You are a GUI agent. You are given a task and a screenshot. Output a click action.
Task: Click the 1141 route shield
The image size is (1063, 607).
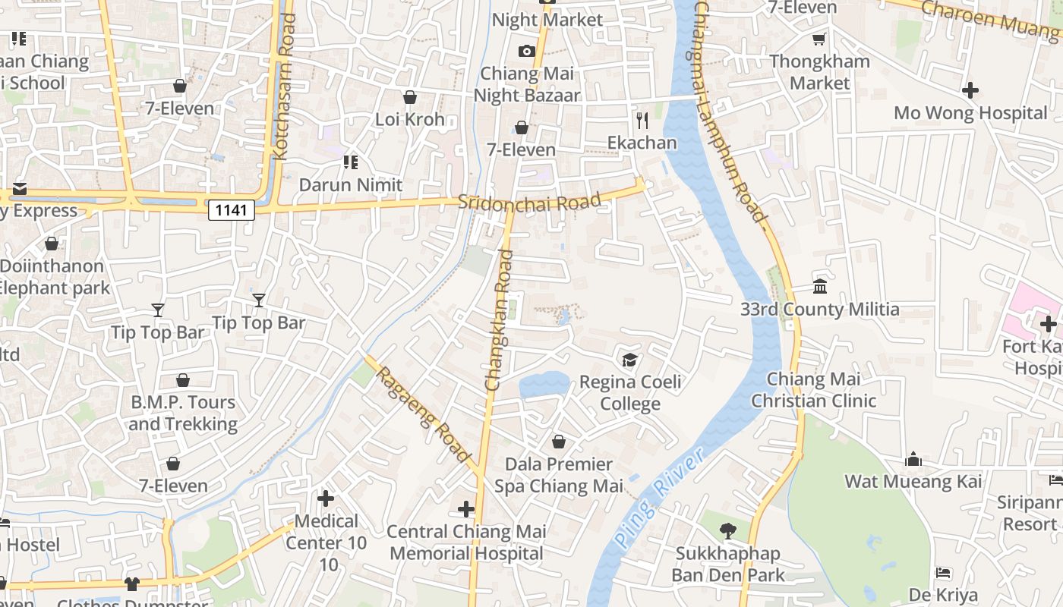coord(231,209)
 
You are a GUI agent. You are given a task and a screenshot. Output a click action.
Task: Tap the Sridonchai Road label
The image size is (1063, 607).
coord(529,202)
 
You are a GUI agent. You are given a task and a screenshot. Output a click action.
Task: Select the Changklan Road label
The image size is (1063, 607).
coord(500,320)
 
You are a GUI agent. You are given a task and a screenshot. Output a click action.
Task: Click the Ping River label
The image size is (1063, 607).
coord(659,497)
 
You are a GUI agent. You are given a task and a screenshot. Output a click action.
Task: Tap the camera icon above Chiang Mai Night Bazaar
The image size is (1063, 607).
coord(526,52)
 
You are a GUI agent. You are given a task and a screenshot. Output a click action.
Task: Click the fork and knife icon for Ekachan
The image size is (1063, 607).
coord(642,120)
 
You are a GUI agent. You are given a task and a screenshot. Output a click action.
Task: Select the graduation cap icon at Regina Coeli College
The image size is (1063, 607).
coord(629,359)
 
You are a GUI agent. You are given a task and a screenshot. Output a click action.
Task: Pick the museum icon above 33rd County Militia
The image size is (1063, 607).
coord(820,287)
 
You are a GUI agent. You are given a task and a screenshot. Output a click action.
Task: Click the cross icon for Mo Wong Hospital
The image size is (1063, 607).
coord(970,90)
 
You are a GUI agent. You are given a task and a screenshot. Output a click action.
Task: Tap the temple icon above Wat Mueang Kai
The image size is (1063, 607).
coord(913,459)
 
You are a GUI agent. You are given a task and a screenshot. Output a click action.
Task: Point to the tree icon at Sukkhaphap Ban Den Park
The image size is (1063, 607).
coord(727,531)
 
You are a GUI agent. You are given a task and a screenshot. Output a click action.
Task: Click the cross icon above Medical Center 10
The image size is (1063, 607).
coord(326,498)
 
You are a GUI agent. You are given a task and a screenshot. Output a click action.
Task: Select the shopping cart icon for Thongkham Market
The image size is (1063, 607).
coord(819,39)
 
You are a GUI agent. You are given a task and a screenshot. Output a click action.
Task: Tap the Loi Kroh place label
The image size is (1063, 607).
coord(410,119)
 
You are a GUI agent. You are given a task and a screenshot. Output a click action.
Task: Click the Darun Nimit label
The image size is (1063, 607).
coord(351,184)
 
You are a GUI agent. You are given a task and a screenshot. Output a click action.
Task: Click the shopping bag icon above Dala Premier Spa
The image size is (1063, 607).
coord(559,442)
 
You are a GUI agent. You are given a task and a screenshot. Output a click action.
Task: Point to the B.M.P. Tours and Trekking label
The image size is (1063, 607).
coord(183,413)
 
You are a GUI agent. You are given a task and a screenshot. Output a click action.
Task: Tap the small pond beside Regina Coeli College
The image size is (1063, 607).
coord(544,385)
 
